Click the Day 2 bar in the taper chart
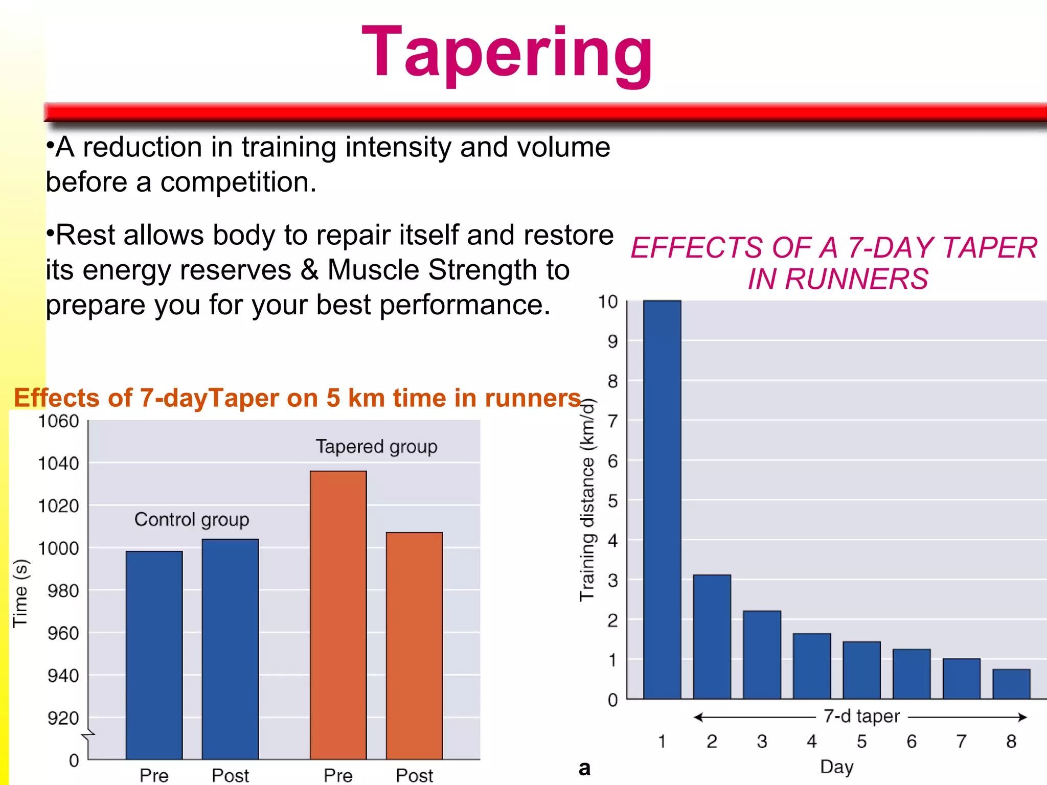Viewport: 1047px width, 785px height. pyautogui.click(x=712, y=636)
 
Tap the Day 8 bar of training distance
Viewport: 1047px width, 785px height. pyautogui.click(x=1011, y=684)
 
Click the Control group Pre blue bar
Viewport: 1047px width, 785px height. pyautogui.click(x=154, y=655)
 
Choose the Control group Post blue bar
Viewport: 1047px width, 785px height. pyautogui.click(x=230, y=649)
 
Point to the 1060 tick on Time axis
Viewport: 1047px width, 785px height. pyautogui.click(x=59, y=421)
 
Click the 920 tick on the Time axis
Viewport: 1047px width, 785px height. pyautogui.click(x=63, y=718)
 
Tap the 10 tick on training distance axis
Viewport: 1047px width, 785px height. pyautogui.click(x=608, y=302)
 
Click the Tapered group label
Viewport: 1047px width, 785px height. pyautogui.click(x=376, y=447)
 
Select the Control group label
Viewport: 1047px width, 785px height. pyautogui.click(x=192, y=519)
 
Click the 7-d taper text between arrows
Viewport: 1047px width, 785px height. pyautogui.click(x=861, y=716)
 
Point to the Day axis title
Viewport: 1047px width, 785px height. pyautogui.click(x=836, y=767)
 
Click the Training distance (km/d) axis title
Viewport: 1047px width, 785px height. pyautogui.click(x=587, y=500)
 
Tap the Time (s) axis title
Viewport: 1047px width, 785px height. pyautogui.click(x=20, y=593)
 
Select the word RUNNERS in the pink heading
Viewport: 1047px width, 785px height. pyautogui.click(x=856, y=279)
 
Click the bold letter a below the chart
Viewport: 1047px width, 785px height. pyautogui.click(x=584, y=768)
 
